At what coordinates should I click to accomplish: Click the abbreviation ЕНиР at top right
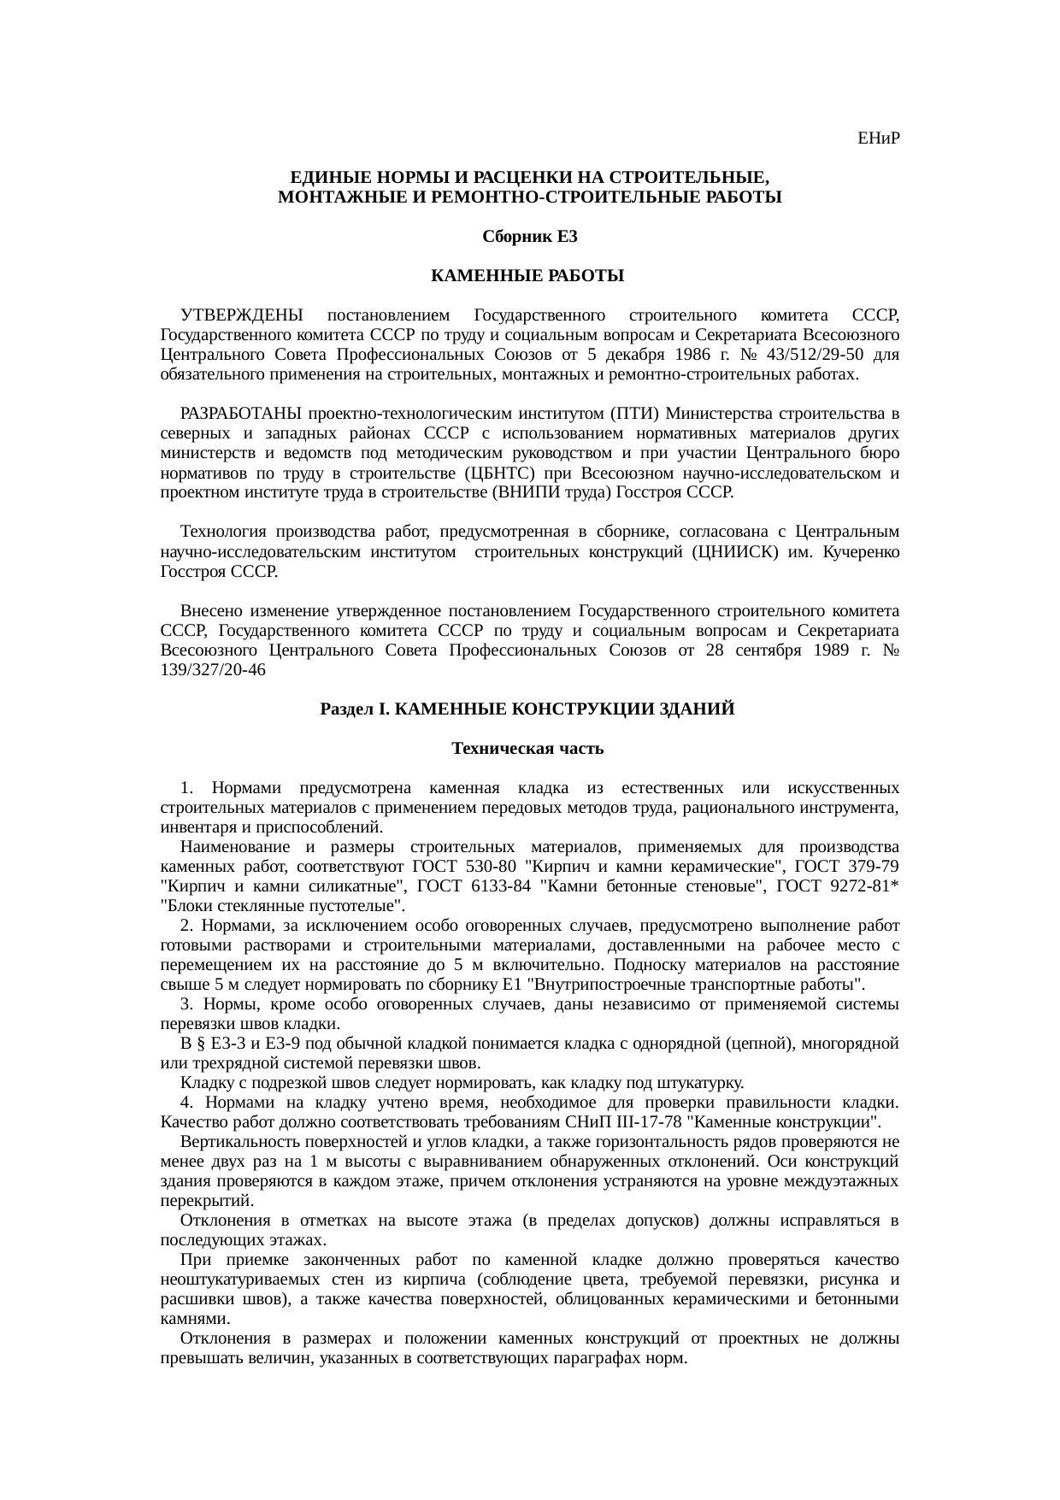[878, 138]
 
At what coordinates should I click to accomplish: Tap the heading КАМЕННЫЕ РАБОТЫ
[527, 276]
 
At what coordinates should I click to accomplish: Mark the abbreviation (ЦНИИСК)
[733, 552]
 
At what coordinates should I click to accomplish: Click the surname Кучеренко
[860, 552]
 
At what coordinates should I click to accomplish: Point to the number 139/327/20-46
[213, 671]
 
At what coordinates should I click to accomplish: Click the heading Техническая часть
[527, 749]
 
